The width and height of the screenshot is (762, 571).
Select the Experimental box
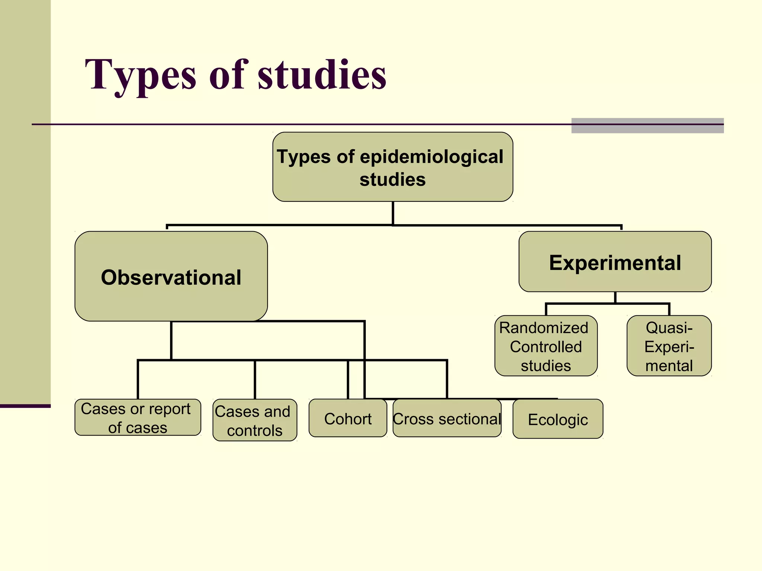pyautogui.click(x=615, y=262)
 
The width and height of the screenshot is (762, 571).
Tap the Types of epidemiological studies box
pyautogui.click(x=393, y=167)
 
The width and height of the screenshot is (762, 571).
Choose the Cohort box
pyautogui.click(x=348, y=418)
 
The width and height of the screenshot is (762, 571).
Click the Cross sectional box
pyautogui.click(x=446, y=418)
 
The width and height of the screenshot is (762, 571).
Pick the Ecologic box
pyautogui.click(x=557, y=419)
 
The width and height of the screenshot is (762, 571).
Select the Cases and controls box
pyautogui.click(x=254, y=420)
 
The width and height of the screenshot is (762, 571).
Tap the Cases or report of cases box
pyautogui.click(x=138, y=417)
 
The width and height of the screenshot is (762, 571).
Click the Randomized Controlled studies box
pyautogui.click(x=545, y=346)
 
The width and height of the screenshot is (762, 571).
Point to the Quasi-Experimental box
pyautogui.click(x=669, y=346)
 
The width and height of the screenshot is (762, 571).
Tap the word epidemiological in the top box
pyautogui.click(x=432, y=157)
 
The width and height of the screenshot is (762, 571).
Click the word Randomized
pyautogui.click(x=544, y=328)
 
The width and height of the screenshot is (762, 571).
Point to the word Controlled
pyautogui.click(x=545, y=347)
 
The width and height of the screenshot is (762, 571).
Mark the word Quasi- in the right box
pyautogui.click(x=669, y=328)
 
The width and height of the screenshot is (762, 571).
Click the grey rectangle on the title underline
pyautogui.click(x=647, y=126)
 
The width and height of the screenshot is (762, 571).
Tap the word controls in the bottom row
pyautogui.click(x=254, y=430)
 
